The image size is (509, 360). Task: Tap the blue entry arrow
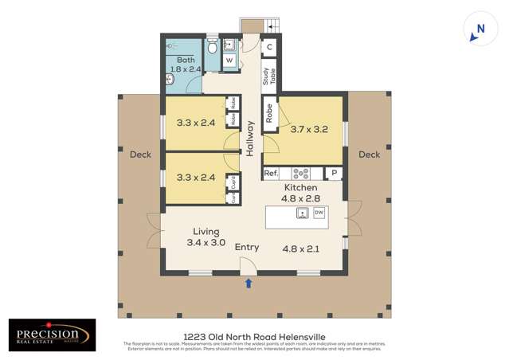[x=248, y=282]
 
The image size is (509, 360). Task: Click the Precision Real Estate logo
[x=53, y=335]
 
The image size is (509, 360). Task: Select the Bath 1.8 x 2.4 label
[x=186, y=65]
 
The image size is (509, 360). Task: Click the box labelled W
[x=229, y=61]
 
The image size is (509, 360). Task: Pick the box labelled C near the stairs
[x=269, y=47]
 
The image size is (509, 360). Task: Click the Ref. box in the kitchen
[x=271, y=173]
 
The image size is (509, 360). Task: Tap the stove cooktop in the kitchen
[x=302, y=173]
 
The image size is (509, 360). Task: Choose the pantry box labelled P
[x=335, y=173]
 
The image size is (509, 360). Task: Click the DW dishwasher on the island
[x=319, y=213]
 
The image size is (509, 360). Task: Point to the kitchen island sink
[x=303, y=213]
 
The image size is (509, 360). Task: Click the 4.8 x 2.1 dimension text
[x=301, y=248]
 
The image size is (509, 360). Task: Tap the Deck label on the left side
[x=140, y=155]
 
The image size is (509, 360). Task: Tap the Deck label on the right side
[x=369, y=155]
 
